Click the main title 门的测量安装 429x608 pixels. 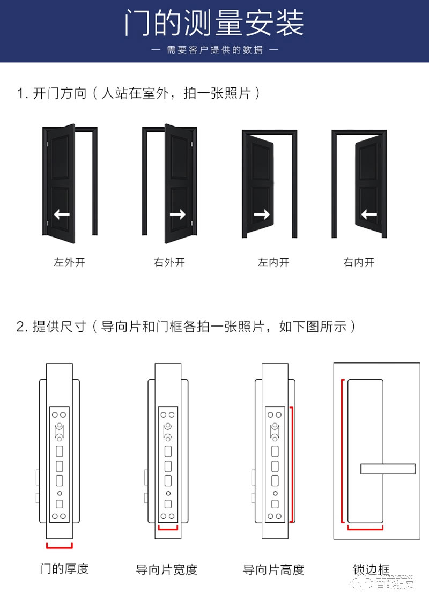click(214, 23)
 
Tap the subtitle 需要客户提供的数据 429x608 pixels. click(214, 50)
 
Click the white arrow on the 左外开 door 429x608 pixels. click(62, 214)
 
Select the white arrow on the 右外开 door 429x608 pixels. click(177, 214)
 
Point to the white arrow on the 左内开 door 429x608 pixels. click(262, 214)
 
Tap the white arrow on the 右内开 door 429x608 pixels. click(369, 214)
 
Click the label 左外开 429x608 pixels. click(70, 263)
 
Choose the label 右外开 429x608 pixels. click(169, 263)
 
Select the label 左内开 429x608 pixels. click(273, 263)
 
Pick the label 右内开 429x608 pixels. click(359, 263)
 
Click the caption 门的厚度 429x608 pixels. click(64, 568)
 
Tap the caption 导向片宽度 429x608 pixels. click(167, 569)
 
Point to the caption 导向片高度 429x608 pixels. click(273, 569)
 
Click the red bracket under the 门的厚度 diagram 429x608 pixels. click(60, 546)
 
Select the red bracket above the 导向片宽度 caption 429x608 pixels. click(168, 528)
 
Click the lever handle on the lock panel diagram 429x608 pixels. click(388, 469)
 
